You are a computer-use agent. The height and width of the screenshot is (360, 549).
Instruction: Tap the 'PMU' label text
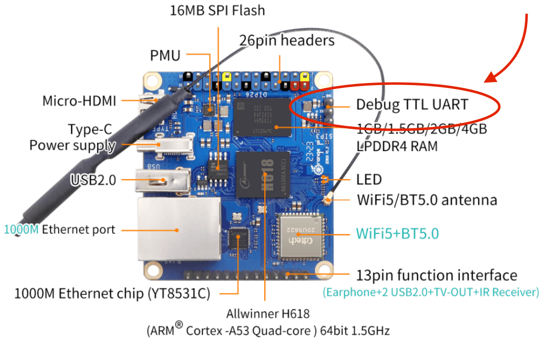[165, 55]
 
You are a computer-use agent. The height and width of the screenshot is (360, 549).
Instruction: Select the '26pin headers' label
[287, 40]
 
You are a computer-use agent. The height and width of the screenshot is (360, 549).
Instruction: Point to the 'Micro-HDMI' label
[79, 101]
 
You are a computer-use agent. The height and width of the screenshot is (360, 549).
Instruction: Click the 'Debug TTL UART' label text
[412, 105]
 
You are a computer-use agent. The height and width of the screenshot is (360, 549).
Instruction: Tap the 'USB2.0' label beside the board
[93, 180]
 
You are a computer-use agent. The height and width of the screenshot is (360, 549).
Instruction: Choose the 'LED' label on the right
[369, 180]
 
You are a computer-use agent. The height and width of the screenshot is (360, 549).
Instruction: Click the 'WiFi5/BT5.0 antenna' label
[427, 200]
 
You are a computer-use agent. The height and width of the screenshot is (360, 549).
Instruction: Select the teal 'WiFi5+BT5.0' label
[397, 233]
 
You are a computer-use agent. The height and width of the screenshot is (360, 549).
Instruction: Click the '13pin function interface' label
[437, 275]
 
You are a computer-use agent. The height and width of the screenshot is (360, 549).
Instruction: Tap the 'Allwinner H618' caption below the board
[267, 314]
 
